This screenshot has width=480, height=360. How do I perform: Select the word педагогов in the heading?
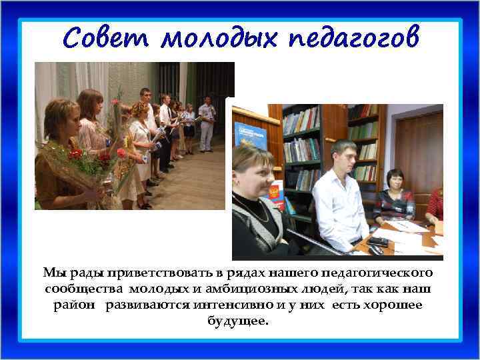click(355, 39)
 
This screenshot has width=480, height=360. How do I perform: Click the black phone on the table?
click(378, 241)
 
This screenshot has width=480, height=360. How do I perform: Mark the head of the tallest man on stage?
click(145, 93)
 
